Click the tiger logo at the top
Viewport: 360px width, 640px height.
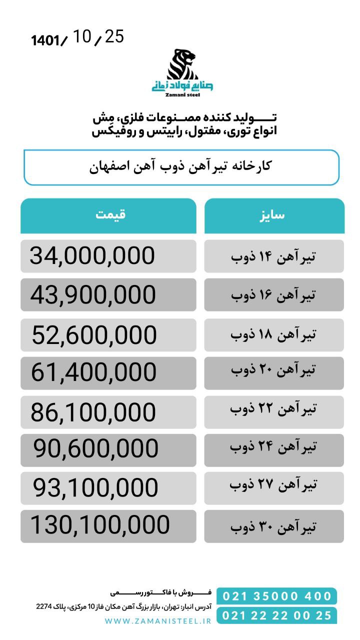click(182, 64)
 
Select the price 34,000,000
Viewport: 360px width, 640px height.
click(92, 256)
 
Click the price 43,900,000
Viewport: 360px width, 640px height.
click(93, 295)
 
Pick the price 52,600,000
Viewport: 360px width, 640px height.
click(94, 335)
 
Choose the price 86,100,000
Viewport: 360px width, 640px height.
click(93, 413)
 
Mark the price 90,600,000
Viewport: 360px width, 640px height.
click(96, 449)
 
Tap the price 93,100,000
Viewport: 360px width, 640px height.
click(96, 487)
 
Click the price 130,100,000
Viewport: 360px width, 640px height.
click(100, 525)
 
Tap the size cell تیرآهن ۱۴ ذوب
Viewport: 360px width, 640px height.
click(273, 256)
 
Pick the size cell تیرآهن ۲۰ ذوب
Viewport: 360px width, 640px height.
click(273, 370)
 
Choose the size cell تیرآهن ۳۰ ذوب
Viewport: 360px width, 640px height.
click(273, 526)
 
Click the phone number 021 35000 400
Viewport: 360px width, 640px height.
click(277, 596)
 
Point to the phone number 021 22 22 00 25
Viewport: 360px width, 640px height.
click(277, 615)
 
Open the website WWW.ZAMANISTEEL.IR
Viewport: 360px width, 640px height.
click(158, 620)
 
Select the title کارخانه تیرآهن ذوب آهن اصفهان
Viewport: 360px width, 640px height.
click(180, 166)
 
